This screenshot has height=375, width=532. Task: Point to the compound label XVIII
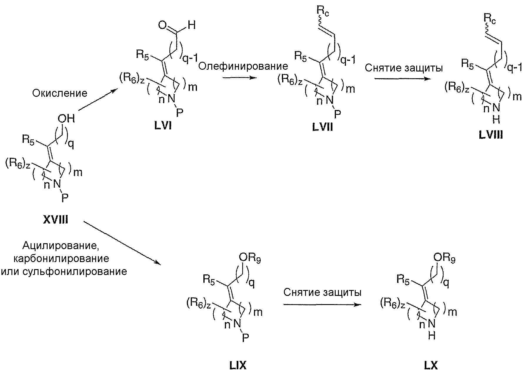pos(56,219)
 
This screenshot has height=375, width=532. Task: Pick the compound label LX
pos(431,366)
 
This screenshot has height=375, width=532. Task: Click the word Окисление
pos(60,93)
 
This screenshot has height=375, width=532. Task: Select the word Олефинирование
pos(243,66)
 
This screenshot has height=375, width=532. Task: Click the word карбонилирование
pos(61,258)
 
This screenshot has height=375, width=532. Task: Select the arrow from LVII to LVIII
pos(401,79)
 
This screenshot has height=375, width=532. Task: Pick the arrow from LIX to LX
pos(322,305)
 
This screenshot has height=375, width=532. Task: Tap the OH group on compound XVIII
pos(66,119)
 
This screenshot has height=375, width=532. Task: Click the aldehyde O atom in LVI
pos(163,25)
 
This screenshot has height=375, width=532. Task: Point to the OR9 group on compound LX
pos(444,259)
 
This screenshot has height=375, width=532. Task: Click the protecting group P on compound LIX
pos(245,340)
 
